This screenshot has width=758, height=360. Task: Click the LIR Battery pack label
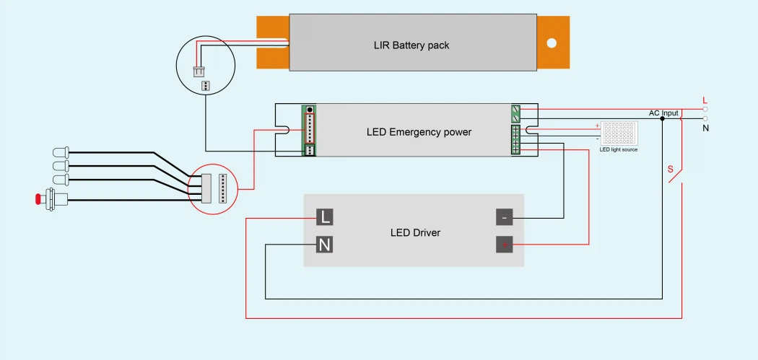pyautogui.click(x=411, y=45)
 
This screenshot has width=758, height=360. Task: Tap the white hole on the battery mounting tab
pyautogui.click(x=552, y=43)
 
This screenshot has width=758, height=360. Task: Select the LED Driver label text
pyautogui.click(x=415, y=232)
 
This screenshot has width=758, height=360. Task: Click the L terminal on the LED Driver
pyautogui.click(x=325, y=216)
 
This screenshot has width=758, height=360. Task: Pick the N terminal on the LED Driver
pyautogui.click(x=325, y=245)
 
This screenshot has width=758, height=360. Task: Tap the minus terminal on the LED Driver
pyautogui.click(x=505, y=217)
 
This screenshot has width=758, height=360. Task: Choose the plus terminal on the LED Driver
pyautogui.click(x=505, y=245)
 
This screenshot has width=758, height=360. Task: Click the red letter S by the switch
pyautogui.click(x=670, y=170)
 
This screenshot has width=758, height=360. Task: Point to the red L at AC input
pyautogui.click(x=705, y=100)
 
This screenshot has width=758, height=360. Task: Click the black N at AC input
pyautogui.click(x=705, y=128)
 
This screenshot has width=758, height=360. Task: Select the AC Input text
pyautogui.click(x=663, y=113)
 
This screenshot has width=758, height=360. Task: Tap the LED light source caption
pyautogui.click(x=619, y=149)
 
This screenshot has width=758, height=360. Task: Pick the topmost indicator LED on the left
pyautogui.click(x=60, y=152)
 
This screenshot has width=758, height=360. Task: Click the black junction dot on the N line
pyautogui.click(x=663, y=118)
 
